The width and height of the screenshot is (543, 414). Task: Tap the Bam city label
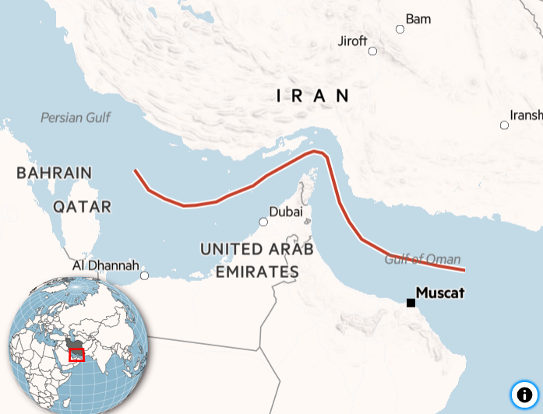click(418, 19)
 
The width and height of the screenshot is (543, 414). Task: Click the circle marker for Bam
click(400, 30)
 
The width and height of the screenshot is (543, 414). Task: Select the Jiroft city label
click(352, 41)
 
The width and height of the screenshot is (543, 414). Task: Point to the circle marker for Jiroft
click(372, 51)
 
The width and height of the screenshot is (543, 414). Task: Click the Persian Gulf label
click(76, 118)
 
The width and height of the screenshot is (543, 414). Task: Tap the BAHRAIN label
click(54, 173)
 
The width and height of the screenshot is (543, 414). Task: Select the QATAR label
click(83, 207)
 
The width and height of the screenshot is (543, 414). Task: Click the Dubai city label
click(285, 212)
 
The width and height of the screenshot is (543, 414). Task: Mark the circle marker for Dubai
click(263, 222)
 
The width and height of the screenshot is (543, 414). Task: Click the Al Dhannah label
click(105, 265)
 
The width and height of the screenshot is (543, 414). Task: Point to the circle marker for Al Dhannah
click(144, 275)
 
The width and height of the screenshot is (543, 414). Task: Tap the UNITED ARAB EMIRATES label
click(257, 261)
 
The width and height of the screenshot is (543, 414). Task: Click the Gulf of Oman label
click(422, 259)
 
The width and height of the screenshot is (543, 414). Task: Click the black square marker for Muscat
click(411, 303)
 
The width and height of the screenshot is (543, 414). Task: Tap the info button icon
click(524, 395)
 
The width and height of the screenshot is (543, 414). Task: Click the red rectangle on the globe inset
click(76, 355)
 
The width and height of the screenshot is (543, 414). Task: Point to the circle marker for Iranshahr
click(504, 125)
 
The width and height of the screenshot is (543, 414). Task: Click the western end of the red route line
click(136, 170)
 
